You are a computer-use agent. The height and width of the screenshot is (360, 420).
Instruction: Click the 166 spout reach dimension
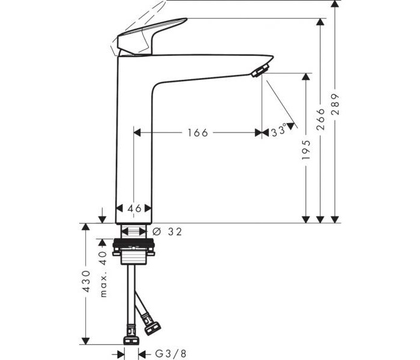pos(197,133)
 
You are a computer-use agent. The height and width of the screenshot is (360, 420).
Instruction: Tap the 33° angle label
pos(279,131)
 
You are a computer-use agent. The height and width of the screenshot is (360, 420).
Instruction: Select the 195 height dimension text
pos(306,149)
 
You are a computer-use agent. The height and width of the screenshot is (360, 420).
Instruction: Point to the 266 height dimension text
pos(320,119)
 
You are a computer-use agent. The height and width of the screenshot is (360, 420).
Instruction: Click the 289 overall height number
pos(335,104)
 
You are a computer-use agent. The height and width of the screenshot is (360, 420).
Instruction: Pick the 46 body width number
pos(134,208)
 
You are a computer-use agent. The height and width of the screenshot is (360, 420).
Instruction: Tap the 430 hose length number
pos(86,281)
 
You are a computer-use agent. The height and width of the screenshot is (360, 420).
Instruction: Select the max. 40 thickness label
pos(103,274)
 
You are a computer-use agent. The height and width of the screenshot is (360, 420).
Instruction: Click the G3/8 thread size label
pos(171,353)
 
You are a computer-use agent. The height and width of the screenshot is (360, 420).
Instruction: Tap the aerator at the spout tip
pos(260,70)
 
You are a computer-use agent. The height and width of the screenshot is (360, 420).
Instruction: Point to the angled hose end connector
pos(152,326)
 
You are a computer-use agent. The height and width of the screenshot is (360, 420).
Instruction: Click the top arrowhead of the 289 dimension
pos(335,4)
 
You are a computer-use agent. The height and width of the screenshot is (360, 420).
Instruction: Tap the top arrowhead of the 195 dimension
pos(305,77)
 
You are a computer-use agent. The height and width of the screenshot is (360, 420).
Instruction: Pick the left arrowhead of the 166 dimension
pos(137,133)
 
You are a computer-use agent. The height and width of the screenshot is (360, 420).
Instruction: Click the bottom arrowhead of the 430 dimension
pos(85,341)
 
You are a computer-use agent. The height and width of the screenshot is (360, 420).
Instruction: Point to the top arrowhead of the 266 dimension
pos(320,22)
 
